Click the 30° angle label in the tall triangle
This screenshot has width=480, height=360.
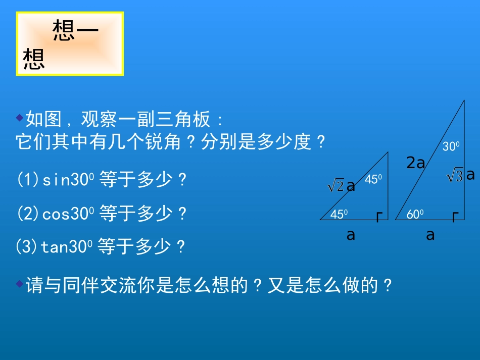(x=451, y=146)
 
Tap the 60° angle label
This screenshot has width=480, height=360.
(x=415, y=214)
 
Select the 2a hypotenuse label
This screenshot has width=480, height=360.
(x=416, y=163)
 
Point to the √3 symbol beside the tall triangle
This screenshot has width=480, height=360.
(x=455, y=176)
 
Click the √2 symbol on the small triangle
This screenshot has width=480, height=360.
(x=336, y=187)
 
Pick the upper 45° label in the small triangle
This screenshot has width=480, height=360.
(x=373, y=179)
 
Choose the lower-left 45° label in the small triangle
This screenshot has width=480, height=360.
(x=339, y=214)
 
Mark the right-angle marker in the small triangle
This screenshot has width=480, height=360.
(x=379, y=217)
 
